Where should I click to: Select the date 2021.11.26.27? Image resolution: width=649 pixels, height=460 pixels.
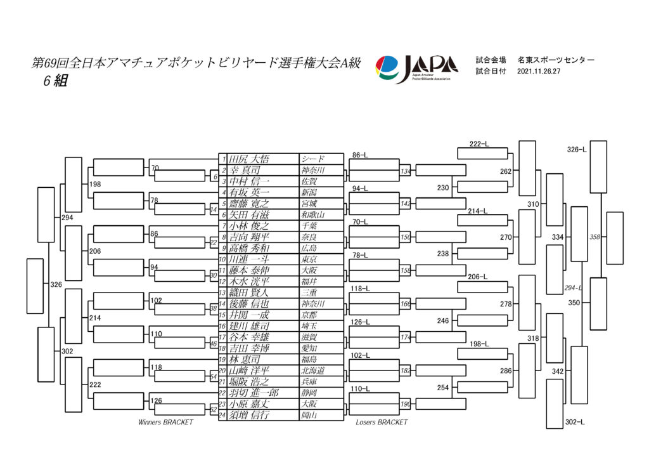541,72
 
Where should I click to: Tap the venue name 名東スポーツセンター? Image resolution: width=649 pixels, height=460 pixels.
556,60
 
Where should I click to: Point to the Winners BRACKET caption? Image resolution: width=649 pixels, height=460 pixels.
165,422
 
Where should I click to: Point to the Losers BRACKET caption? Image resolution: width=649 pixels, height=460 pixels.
382,422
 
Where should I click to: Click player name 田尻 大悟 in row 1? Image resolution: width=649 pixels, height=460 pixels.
248,159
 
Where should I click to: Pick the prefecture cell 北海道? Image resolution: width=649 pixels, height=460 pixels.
312,371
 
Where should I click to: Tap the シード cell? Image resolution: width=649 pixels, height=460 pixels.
312,159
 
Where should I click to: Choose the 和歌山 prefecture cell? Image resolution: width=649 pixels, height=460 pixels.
312,214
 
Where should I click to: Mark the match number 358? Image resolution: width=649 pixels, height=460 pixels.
594,237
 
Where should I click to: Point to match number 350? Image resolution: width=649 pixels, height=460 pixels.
574,303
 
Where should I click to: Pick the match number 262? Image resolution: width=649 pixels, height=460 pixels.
505,171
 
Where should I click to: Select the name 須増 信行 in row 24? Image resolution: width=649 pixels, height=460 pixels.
252,415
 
